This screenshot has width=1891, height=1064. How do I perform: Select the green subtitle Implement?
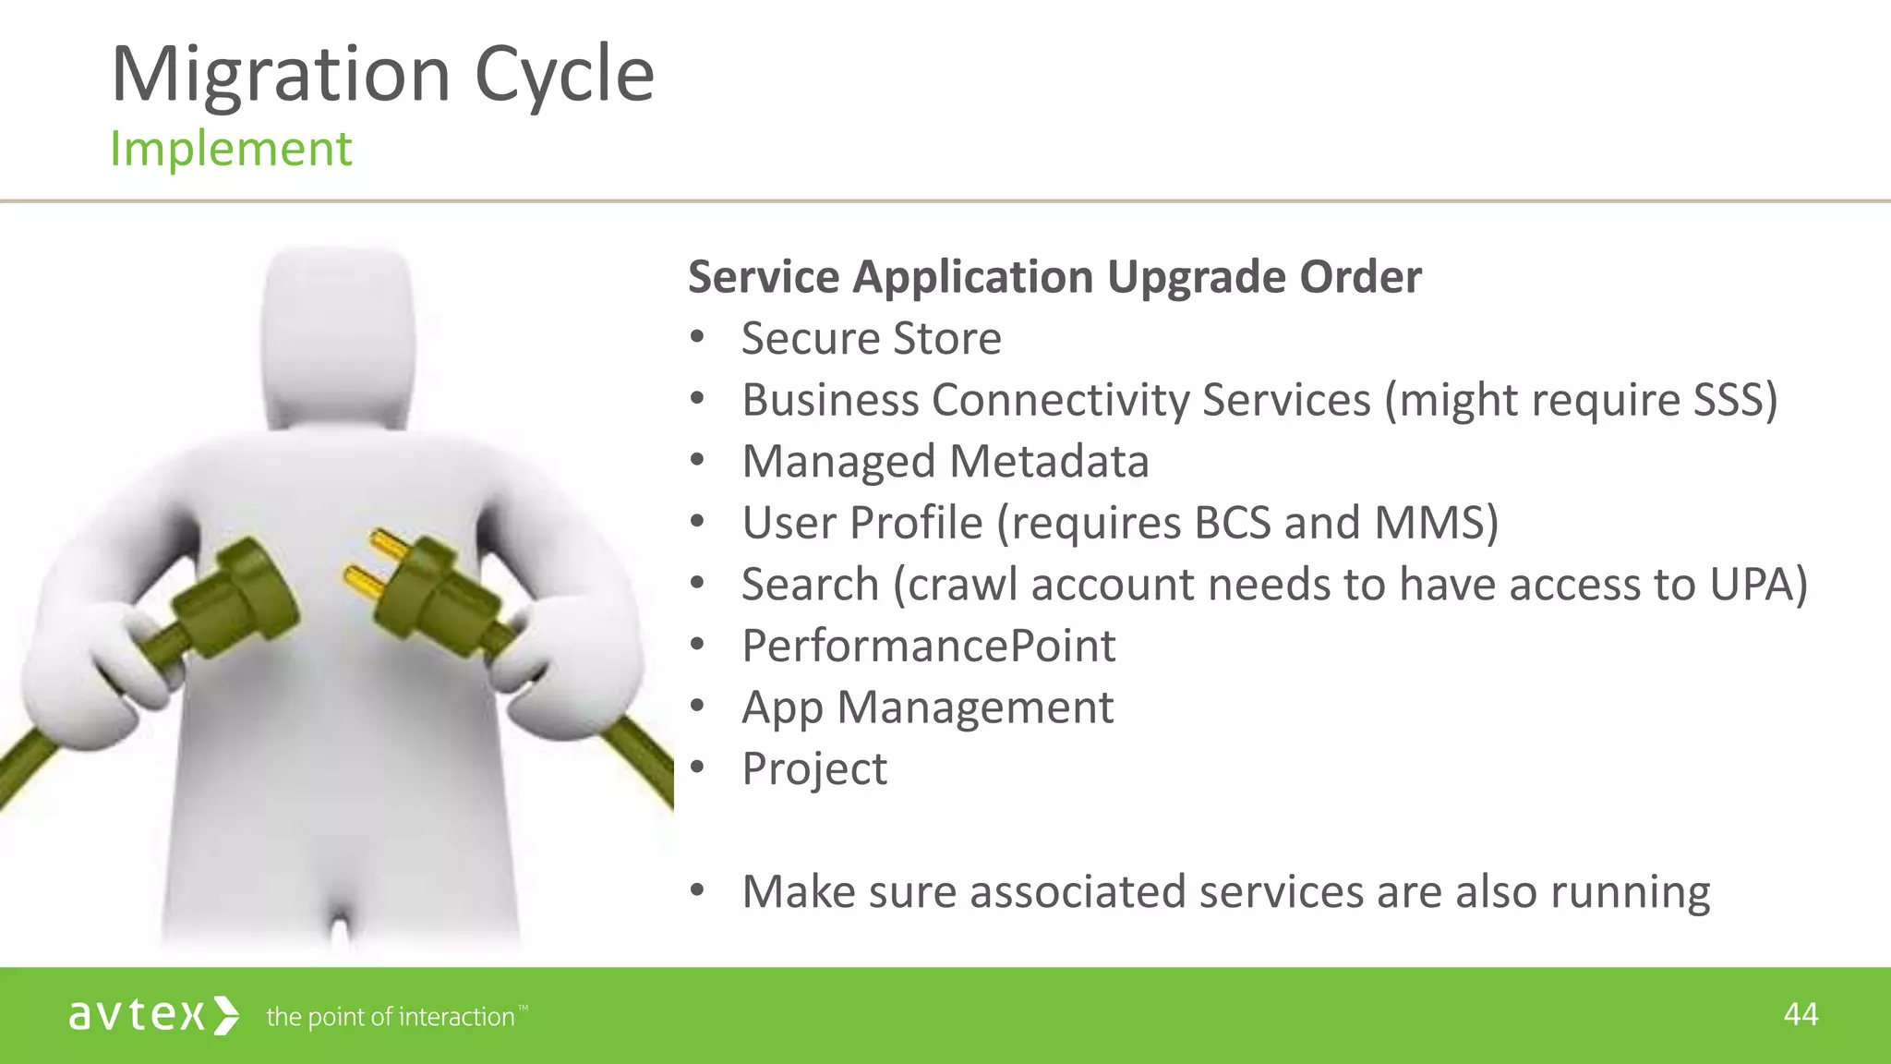231,149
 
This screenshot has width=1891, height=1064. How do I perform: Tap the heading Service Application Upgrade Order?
1054,277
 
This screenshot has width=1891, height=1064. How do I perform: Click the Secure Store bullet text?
871,338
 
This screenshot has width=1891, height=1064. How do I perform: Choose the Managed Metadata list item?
945,461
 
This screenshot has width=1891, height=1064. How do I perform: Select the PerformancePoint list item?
929,646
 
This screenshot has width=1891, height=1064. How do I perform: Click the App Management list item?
928,707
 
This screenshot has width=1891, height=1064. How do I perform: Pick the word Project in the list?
814,768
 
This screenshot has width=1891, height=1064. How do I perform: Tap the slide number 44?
1801,1015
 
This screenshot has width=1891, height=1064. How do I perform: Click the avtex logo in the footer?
153,1016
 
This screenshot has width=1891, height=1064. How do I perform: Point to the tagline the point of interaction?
391,1017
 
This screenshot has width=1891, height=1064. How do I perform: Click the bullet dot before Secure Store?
697,338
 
